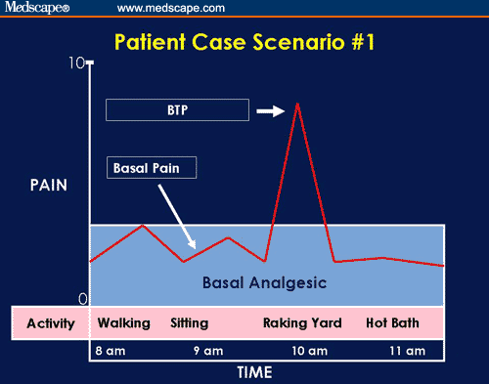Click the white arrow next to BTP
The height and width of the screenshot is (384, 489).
point(271,111)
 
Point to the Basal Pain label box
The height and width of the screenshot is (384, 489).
point(152,168)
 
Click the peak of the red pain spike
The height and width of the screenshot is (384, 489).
point(297,103)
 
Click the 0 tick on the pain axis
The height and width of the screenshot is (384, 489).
point(82,298)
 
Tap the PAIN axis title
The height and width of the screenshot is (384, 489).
point(48,184)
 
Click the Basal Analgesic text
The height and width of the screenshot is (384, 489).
point(264,282)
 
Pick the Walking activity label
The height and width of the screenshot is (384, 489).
point(123,322)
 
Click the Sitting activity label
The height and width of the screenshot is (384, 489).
point(190,322)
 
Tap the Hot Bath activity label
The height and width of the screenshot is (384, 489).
point(395,322)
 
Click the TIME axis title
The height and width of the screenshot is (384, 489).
point(255,372)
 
